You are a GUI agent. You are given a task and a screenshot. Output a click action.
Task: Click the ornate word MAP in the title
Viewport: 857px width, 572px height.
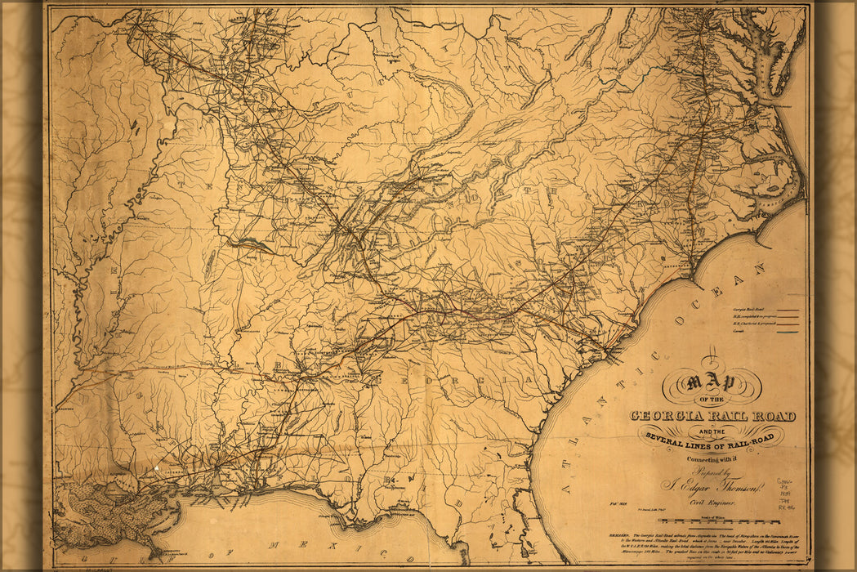coord(711,383)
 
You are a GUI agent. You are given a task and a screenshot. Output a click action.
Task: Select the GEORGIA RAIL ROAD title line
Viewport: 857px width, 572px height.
coord(712,417)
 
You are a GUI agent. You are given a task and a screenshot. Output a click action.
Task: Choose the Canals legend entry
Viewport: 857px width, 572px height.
coord(739,332)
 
